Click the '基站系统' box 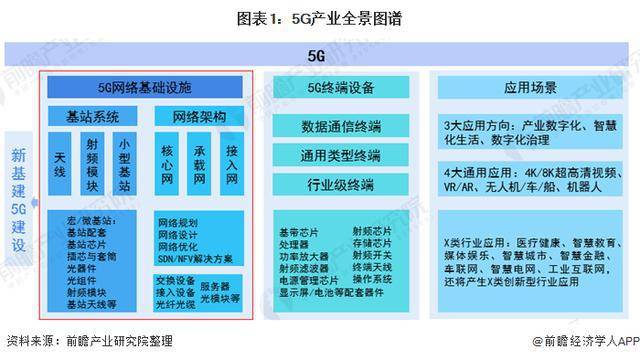tap(93, 116)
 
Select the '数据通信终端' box tap(340, 127)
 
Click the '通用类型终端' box tap(340, 156)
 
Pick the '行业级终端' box tap(340, 185)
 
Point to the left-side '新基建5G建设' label tap(19, 199)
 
